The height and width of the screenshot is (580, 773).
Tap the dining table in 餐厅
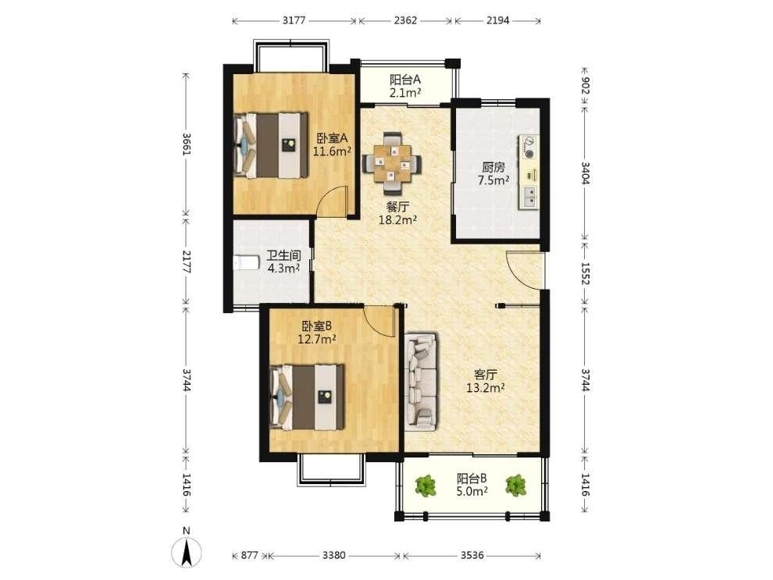tap(392, 162)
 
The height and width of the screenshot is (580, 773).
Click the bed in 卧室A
tap(271, 145)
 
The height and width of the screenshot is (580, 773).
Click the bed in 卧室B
tap(307, 397)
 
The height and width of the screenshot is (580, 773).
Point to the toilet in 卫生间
tap(247, 262)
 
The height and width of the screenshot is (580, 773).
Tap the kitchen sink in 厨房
tap(528, 197)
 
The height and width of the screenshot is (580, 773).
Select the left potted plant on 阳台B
tap(426, 486)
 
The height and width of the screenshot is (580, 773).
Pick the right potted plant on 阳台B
tap(515, 485)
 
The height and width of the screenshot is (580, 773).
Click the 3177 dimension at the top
tap(294, 20)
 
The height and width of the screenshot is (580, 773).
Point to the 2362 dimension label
tap(405, 20)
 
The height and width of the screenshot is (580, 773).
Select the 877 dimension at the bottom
tap(249, 555)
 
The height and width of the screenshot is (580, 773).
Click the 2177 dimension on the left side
tap(187, 262)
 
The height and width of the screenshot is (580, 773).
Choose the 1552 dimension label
tap(585, 272)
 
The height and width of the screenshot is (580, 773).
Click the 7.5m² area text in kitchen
tap(493, 180)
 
